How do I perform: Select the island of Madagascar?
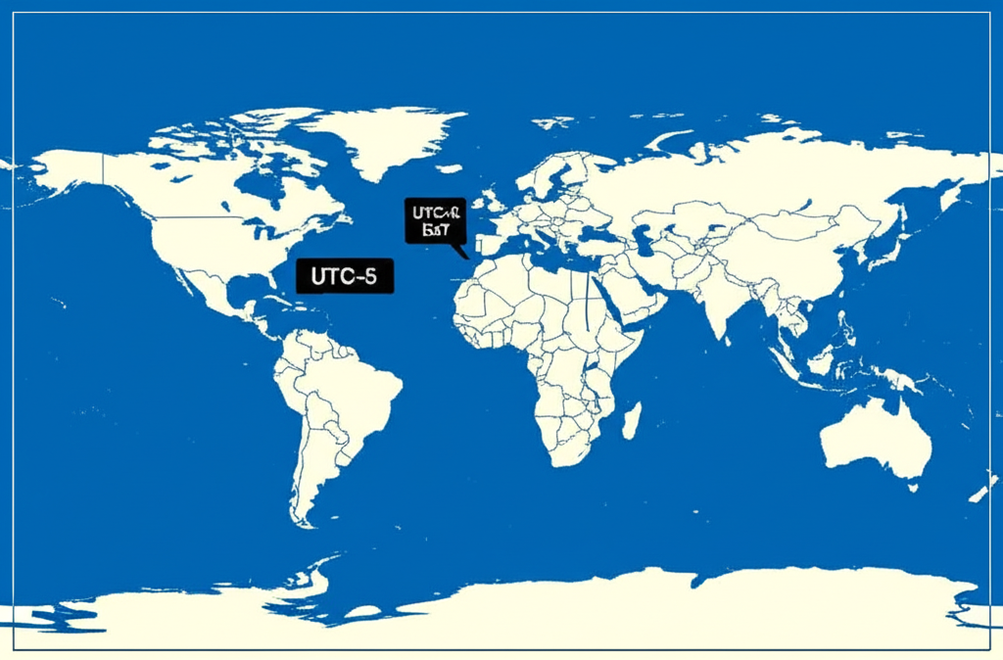[x=632, y=418]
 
